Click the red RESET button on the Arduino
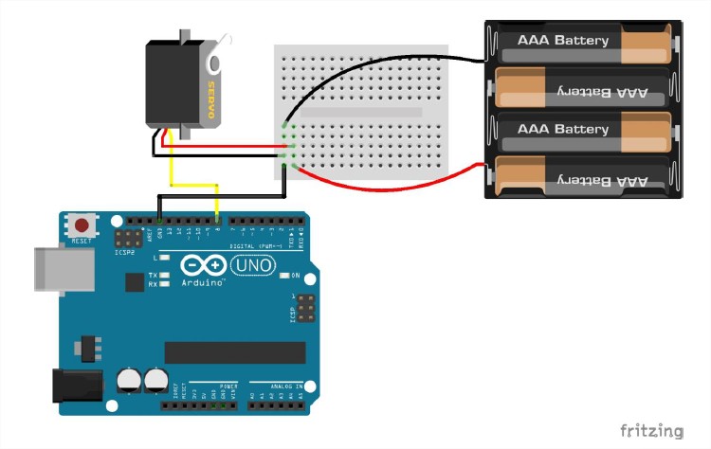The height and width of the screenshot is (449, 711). (82, 226)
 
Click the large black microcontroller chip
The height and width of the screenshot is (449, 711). (235, 352)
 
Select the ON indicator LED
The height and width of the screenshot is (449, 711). (283, 276)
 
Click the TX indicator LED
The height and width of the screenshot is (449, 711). (165, 275)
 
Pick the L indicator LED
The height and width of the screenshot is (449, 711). (165, 258)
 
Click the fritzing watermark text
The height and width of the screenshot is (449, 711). (651, 431)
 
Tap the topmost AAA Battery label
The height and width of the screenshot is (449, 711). (563, 41)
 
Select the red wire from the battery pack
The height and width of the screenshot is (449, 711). (398, 189)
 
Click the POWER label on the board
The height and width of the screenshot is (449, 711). (228, 386)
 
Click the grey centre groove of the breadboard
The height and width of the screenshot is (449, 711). (360, 112)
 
